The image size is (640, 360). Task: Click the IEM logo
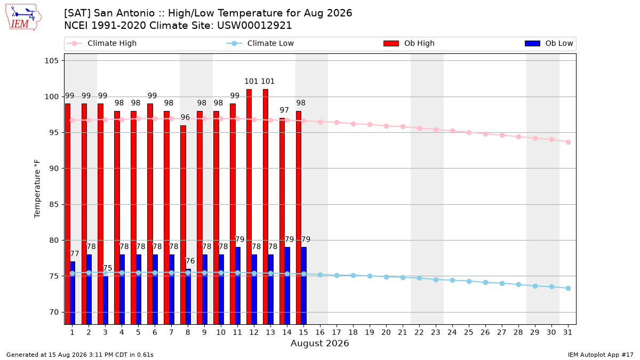pos(23,18)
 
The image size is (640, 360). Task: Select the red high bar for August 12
pos(249,207)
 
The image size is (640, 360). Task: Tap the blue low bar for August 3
pos(106,300)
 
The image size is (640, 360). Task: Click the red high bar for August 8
pos(183,225)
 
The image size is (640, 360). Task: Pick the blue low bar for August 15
pos(304,286)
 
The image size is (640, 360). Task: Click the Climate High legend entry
pos(102,43)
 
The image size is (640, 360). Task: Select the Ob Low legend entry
pos(549,43)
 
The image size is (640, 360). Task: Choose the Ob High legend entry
pos(409,43)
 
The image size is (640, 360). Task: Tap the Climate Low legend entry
pos(260,43)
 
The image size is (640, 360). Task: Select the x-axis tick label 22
pos(419,333)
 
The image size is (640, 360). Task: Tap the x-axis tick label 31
pos(567,333)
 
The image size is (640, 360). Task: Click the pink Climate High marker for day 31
pos(569,142)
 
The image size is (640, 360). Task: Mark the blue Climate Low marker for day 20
pos(386,277)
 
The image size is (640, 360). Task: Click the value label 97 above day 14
pos(284,110)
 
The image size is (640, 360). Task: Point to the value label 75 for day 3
pos(107,268)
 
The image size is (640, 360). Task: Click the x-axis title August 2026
pos(319,343)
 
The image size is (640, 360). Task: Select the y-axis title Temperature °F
pos(37,189)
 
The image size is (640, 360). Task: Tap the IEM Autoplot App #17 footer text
pos(601,355)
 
